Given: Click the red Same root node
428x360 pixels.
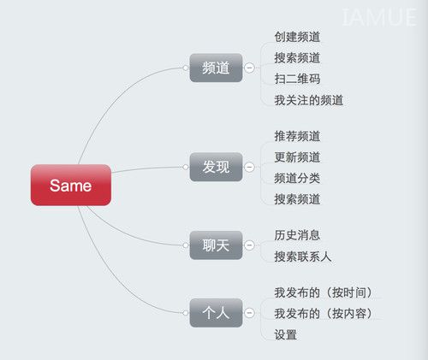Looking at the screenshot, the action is tap(71, 185).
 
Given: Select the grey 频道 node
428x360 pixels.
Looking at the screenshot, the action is tap(216, 68).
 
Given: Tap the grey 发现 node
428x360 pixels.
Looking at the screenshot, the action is tap(216, 167).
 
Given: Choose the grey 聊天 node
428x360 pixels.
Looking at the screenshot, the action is tap(216, 245).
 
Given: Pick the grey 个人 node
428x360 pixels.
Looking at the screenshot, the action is tap(216, 313).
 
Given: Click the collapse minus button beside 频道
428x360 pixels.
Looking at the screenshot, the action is tap(249, 68).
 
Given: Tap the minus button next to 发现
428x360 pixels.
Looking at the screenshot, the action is tap(249, 167).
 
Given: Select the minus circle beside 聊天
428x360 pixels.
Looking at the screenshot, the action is tap(249, 245).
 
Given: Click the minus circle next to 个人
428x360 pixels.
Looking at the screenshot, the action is tap(249, 313).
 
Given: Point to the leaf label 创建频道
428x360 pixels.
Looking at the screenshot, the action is tap(297, 37).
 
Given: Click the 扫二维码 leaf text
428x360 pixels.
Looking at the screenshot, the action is tap(297, 79).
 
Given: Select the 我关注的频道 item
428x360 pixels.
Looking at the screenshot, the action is tap(309, 100).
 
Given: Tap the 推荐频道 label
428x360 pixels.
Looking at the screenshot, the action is tap(297, 136).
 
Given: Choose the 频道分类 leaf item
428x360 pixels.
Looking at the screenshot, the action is tap(297, 178).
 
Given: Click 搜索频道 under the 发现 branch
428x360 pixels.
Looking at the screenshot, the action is tap(297, 199).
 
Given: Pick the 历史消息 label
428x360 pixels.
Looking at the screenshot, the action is tap(297, 235).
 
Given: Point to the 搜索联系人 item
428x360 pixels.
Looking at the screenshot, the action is tap(303, 257).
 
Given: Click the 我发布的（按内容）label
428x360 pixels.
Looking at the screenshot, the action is tap(324, 314).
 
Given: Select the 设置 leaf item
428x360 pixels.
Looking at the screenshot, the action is tap(286, 334).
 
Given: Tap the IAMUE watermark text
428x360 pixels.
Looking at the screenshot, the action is tap(379, 17).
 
